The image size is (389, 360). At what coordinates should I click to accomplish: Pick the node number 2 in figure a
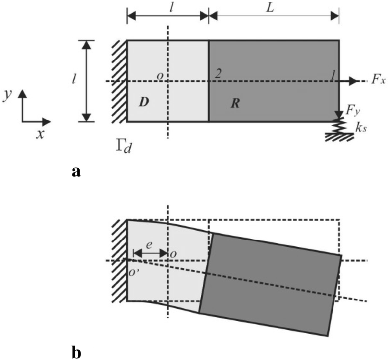coord(217,74)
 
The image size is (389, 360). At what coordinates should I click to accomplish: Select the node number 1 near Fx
coord(335,74)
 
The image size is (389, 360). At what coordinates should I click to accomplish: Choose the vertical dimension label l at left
coord(74,80)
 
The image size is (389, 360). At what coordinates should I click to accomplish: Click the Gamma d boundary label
coord(121,147)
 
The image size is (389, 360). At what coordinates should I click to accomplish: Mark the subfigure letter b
coord(75,351)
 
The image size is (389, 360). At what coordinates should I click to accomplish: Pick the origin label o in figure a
coord(160,75)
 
